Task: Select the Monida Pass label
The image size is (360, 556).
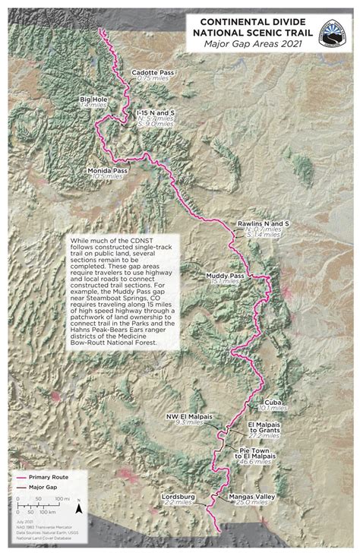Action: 107,171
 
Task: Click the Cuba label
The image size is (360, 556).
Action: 273,400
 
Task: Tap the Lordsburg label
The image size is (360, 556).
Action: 179,497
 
